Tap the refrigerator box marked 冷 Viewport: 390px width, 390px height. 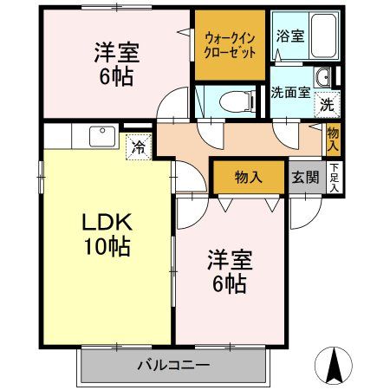click(x=139, y=147)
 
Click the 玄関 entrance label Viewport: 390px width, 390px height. click(x=304, y=178)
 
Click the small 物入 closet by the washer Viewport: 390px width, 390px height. click(x=334, y=136)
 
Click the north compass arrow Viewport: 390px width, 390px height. click(x=334, y=364)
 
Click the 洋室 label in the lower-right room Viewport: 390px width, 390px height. click(x=227, y=257)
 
